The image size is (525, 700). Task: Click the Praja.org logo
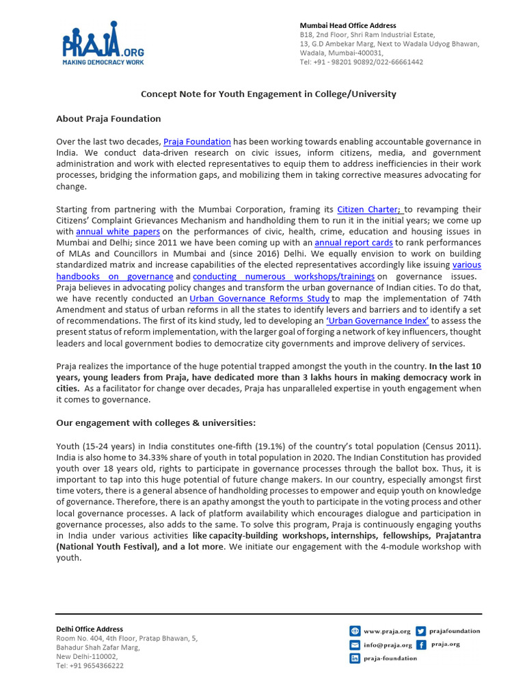click(x=100, y=45)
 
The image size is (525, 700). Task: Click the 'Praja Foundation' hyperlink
click(x=197, y=142)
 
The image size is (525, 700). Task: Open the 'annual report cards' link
click(x=354, y=243)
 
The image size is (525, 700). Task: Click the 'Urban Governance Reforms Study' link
click(x=259, y=298)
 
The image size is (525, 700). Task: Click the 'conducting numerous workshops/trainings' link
click(x=284, y=276)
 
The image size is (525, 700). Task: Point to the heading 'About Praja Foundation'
click(x=108, y=119)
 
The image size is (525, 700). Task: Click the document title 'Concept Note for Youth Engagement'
click(x=268, y=94)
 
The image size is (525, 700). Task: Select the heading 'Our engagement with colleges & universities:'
click(x=155, y=422)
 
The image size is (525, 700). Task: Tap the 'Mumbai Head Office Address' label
click(x=347, y=26)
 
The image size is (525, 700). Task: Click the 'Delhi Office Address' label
click(x=90, y=629)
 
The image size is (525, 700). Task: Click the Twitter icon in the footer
click(x=421, y=631)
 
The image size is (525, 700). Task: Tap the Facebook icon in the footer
click(x=421, y=645)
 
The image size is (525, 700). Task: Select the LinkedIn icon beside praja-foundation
click(x=355, y=658)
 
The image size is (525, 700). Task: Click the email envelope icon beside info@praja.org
click(x=355, y=645)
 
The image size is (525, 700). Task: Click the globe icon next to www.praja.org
click(x=355, y=631)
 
